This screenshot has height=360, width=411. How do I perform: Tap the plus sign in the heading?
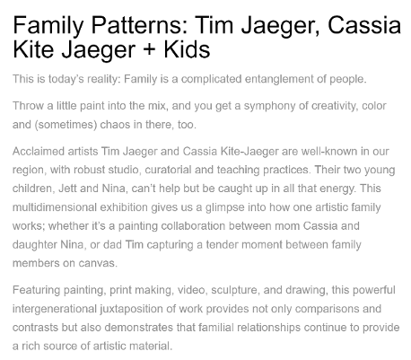(149, 49)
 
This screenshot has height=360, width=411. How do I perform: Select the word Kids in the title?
(187, 49)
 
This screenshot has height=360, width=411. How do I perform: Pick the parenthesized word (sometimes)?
(66, 125)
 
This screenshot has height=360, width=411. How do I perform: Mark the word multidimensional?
(55, 207)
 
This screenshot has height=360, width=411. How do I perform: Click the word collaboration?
(193, 226)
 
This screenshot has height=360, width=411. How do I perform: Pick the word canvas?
(98, 263)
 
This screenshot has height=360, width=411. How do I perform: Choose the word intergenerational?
(55, 309)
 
